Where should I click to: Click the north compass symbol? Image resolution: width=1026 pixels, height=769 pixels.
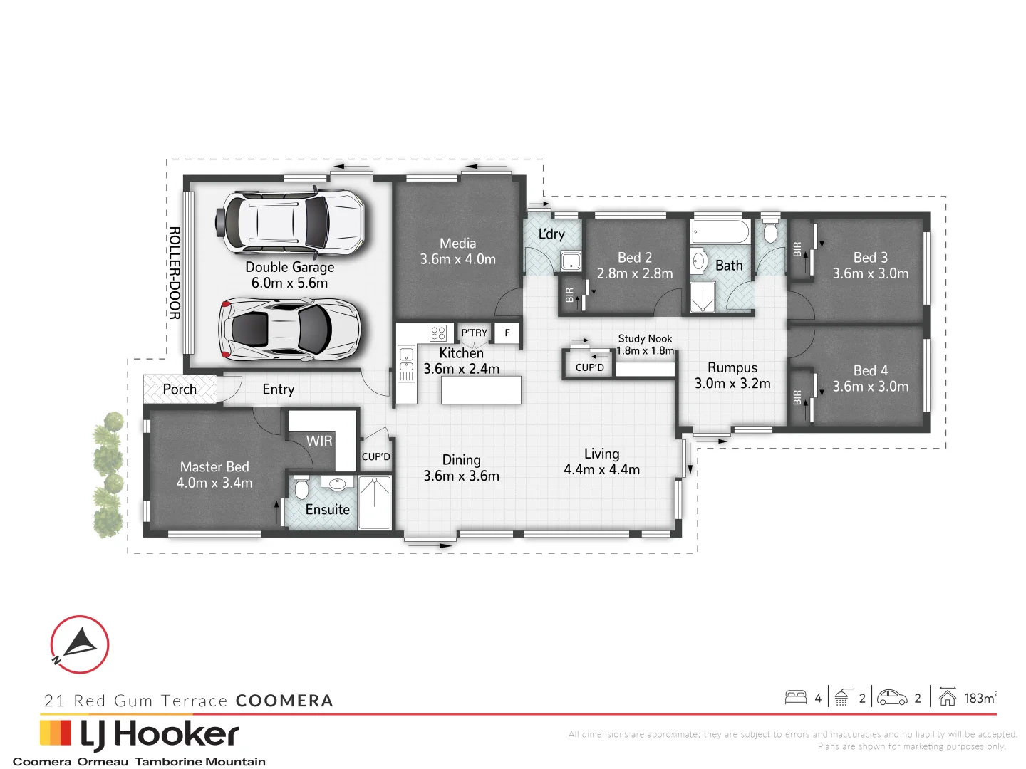coord(79,644)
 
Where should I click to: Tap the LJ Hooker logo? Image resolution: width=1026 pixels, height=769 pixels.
coord(139,735)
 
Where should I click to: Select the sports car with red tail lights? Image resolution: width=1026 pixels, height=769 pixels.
coord(291,329)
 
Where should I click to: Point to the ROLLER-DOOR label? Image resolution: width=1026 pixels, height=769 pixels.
coord(175,273)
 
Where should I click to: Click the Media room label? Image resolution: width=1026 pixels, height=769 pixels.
coord(457,244)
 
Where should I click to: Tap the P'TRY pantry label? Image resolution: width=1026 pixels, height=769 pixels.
coord(474,333)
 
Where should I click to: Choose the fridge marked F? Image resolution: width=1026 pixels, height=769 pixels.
coord(507,333)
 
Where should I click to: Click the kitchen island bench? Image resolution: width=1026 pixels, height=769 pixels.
coord(481,390)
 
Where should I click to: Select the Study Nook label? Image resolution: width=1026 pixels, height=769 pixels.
coord(645,339)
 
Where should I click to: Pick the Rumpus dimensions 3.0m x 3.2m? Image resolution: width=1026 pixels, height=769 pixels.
coord(732,384)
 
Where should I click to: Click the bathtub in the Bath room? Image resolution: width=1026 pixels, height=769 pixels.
coord(720,232)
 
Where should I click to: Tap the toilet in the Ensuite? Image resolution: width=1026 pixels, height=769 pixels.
coord(301,488)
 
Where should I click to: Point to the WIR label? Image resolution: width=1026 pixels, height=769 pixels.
coord(319,441)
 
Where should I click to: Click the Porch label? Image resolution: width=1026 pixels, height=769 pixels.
coord(180,389)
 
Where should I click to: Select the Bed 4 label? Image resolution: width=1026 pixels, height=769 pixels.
coord(871,370)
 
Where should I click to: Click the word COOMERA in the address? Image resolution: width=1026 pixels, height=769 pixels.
coord(284,701)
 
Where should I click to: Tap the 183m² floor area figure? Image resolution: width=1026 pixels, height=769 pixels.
coord(980,699)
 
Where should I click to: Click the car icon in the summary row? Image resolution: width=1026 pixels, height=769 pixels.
coord(892,697)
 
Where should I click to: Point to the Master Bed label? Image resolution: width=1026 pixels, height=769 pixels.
coord(214,467)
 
